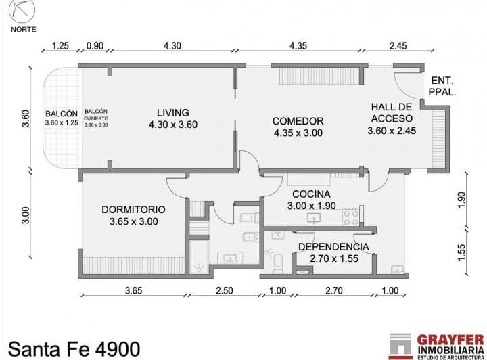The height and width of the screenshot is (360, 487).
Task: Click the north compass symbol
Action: coord(22,10)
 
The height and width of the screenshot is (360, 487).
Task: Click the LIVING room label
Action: coord(172,112)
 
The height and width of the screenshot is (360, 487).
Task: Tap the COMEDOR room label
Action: coord(298,121)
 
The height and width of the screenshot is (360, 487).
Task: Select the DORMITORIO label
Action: coord(133,209)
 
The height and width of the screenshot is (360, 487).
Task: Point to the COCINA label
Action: coord(311,194)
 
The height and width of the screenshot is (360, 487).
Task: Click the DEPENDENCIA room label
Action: coord(333,247)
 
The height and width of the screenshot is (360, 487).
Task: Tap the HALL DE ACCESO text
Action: coord(392,112)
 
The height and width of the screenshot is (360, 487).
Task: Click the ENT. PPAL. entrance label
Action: coord(442,86)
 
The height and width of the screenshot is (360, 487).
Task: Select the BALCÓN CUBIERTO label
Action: coord(96,114)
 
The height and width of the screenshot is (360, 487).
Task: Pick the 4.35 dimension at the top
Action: coord(298,46)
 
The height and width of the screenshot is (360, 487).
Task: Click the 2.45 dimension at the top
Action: coord(398,46)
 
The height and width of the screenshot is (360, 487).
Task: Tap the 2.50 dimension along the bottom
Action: coord(225,291)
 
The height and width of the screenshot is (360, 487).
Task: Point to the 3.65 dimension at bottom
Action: coord(133,291)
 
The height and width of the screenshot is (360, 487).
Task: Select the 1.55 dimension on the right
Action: coord(461,253)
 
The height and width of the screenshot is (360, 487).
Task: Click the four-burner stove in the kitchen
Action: coord(351,217)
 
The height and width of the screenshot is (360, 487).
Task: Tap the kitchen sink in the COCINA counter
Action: coord(314,218)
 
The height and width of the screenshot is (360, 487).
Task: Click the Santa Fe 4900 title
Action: coord(74,348)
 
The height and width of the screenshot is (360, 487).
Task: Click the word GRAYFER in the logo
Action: coord(450,340)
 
